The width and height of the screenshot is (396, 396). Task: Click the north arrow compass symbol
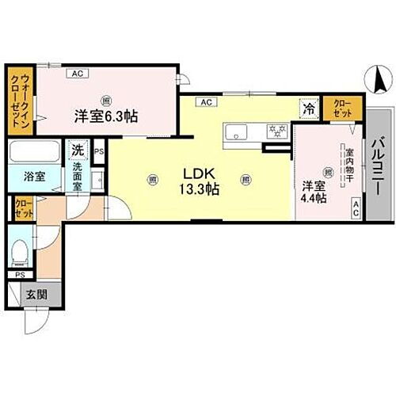point(379,80)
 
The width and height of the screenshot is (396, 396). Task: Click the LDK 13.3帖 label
point(202,181)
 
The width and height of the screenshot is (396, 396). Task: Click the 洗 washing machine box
point(77,149)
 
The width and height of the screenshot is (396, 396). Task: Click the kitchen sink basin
point(235,131)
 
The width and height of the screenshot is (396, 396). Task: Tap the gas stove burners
point(275,129)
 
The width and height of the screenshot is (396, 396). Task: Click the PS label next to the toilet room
point(20,275)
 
